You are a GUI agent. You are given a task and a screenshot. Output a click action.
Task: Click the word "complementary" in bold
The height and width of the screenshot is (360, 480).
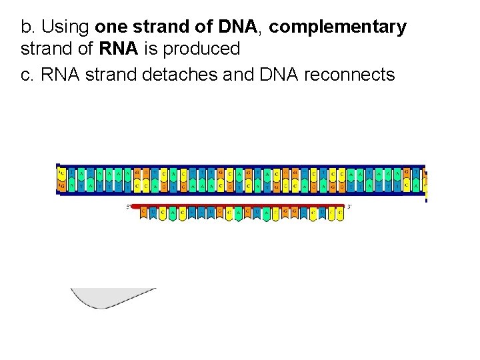tap(338, 27)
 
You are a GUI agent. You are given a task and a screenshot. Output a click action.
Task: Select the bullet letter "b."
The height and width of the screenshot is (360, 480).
tap(28, 27)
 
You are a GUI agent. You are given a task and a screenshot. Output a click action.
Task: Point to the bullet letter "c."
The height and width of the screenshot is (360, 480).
tap(28, 74)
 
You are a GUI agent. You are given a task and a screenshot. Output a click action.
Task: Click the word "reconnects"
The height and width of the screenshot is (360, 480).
tap(349, 74)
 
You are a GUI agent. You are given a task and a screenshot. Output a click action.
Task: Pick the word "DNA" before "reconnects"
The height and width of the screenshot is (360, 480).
tap(279, 74)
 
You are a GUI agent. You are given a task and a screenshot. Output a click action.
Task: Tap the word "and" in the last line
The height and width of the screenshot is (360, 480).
tap(239, 74)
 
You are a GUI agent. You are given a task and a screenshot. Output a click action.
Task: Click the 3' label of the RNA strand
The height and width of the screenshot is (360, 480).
tap(349, 207)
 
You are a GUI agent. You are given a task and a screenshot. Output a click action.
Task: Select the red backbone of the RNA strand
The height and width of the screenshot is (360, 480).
tap(240, 205)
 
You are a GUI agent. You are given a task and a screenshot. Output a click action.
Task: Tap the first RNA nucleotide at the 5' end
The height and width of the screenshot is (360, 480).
tap(143, 213)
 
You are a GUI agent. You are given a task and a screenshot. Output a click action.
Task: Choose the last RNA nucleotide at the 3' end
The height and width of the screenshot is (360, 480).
tap(340, 213)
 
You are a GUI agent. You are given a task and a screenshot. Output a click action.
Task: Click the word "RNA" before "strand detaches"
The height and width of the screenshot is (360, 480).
tap(60, 74)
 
